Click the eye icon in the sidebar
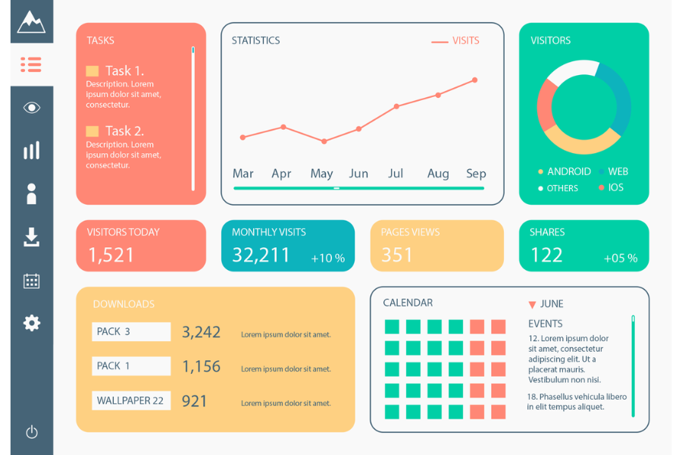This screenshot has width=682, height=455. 31,108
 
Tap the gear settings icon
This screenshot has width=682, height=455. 31,323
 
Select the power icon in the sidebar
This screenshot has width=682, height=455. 31,432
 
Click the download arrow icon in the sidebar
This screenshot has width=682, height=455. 31,237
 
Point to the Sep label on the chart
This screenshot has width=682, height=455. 476,174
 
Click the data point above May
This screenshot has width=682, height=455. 324,141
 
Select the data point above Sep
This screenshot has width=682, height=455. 475,80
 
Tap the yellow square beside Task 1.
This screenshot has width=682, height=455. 92,71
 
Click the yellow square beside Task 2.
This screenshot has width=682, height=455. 92,131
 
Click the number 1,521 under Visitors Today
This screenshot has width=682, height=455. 111,256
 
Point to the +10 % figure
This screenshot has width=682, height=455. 327,259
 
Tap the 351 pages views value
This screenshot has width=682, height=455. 397,256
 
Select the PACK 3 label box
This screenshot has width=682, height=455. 131,331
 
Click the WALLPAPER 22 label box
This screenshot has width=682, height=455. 131,400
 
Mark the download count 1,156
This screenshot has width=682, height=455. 201,366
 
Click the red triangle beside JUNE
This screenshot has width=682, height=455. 532,305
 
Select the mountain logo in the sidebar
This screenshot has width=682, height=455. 31,22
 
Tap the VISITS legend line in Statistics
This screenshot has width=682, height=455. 440,42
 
